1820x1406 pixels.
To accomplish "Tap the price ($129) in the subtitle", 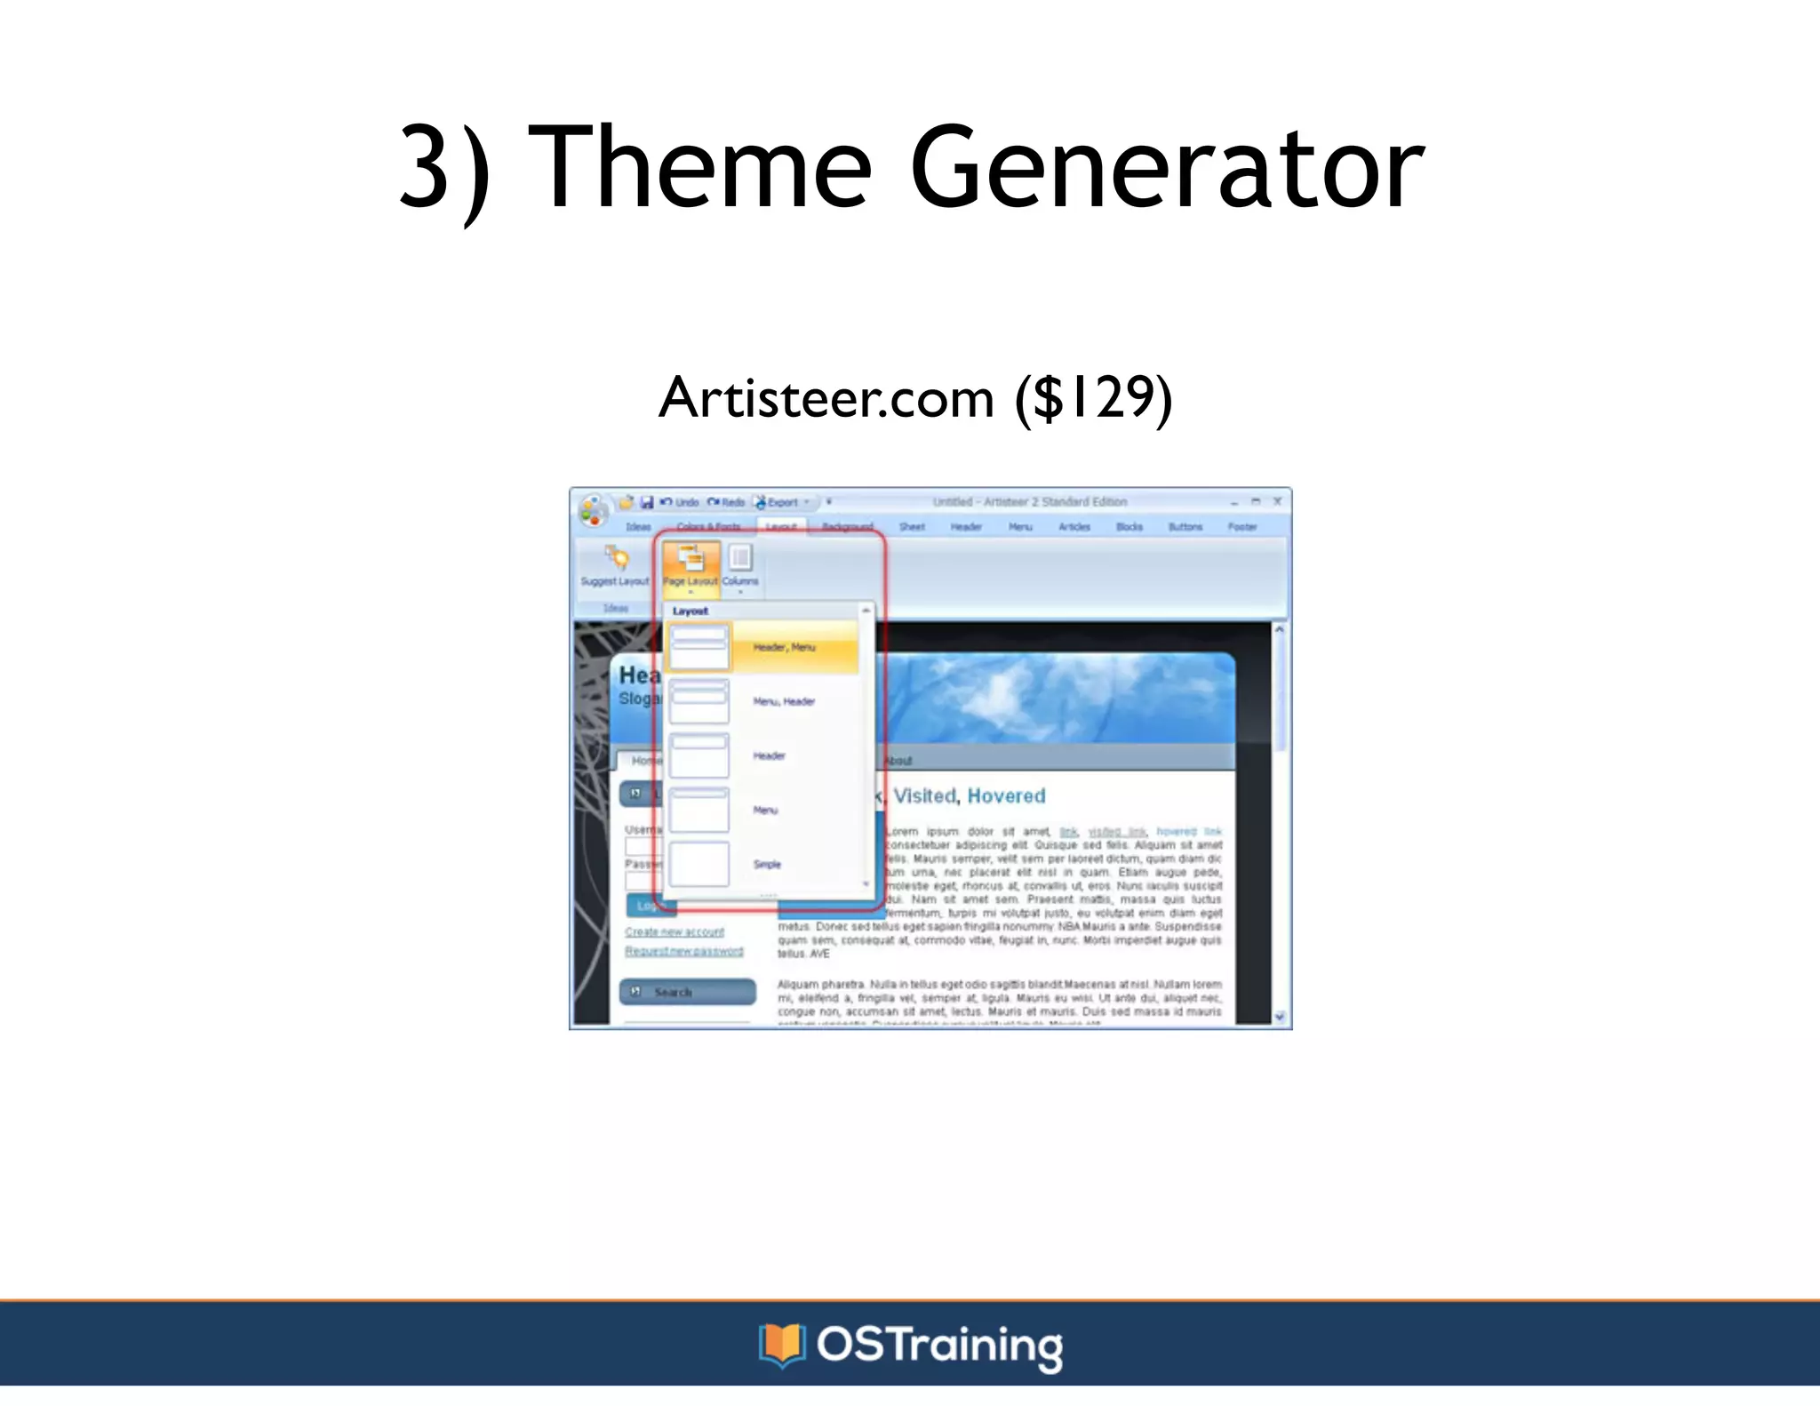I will (x=1094, y=397).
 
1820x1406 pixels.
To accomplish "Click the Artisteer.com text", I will (x=826, y=397).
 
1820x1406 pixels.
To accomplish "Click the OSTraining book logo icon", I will (x=781, y=1345).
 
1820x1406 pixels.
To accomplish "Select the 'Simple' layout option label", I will (x=767, y=864).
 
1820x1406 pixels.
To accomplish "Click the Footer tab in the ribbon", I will (x=1241, y=527).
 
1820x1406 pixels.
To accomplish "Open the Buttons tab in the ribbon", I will (x=1185, y=527).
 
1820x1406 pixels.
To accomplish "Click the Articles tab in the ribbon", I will (x=1074, y=527).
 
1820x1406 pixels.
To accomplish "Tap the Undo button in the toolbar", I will (x=680, y=502).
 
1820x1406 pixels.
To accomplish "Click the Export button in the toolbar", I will (x=781, y=502).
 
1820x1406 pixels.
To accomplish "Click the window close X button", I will (x=1277, y=501).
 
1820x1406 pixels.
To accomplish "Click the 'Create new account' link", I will (x=675, y=931).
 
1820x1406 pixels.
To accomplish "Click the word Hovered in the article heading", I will (x=1006, y=795).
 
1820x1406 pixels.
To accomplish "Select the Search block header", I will (x=687, y=992).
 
